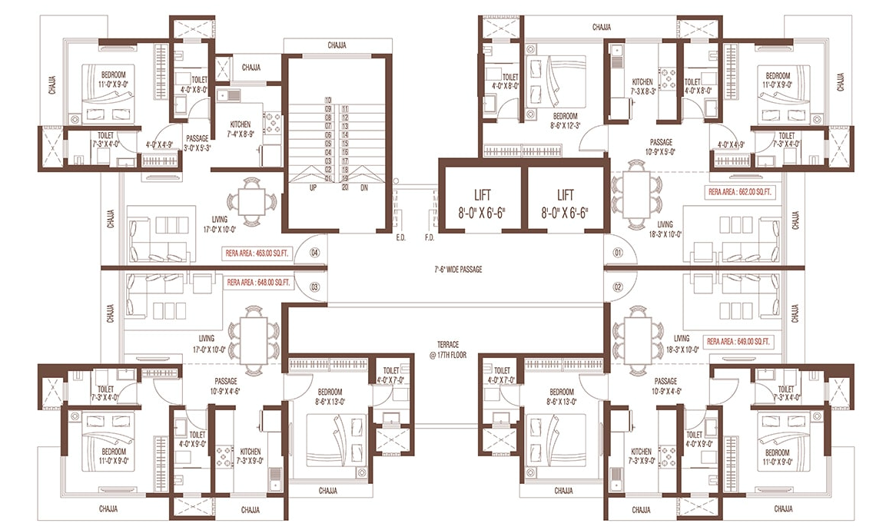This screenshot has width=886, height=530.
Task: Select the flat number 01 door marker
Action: [x=617, y=252]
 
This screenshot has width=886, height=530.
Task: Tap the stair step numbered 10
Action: [x=328, y=101]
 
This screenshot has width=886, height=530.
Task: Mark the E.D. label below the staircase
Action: [x=400, y=238]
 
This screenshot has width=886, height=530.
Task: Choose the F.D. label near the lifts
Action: [x=430, y=238]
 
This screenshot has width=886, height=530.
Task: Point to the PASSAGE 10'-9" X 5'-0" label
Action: [x=660, y=147]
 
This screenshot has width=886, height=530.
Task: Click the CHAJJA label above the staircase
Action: [x=337, y=45]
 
